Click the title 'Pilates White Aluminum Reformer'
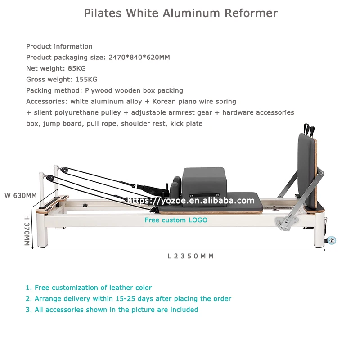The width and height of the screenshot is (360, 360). coord(180,13)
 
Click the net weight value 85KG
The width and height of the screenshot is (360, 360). coord(76,68)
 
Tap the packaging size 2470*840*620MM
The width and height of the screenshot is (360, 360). coord(139,58)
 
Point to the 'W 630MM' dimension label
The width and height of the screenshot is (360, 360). coord(21,196)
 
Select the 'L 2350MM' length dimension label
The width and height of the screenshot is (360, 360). coord(190,256)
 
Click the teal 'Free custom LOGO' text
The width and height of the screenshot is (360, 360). coord(176,220)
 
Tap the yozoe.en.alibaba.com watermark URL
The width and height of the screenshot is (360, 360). coord(191,201)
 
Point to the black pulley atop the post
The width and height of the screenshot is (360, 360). coord(65,171)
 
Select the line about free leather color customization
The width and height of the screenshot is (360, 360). coord(89,288)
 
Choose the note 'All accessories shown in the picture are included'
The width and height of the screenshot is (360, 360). coord(112,310)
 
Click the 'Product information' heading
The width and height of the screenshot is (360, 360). coord(59,46)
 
